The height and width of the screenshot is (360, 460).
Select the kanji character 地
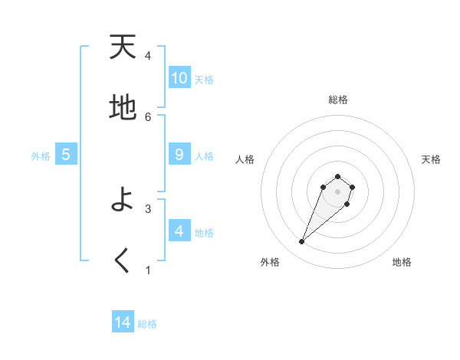(x=123, y=108)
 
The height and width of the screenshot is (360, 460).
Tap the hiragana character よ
(x=123, y=200)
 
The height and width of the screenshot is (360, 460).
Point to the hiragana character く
(x=123, y=260)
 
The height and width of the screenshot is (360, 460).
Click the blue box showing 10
(x=179, y=78)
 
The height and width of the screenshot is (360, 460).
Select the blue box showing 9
(x=179, y=155)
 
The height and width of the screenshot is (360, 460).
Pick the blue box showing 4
(x=179, y=231)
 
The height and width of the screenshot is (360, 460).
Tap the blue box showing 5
(x=66, y=155)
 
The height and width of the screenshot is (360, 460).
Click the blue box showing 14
(x=123, y=322)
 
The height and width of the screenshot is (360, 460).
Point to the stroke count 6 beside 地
(x=148, y=116)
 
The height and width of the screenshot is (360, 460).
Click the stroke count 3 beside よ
(x=148, y=208)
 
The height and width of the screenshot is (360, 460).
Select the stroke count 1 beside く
(x=148, y=269)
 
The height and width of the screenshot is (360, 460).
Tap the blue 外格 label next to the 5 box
(x=41, y=155)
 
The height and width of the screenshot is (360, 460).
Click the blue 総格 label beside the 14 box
(x=147, y=323)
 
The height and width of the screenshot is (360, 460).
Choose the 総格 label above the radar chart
(x=337, y=100)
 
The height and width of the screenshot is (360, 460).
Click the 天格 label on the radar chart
(x=431, y=159)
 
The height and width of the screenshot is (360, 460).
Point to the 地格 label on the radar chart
(x=402, y=262)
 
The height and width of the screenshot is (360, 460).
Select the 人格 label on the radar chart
(x=245, y=159)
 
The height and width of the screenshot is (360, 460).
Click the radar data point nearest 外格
(x=302, y=242)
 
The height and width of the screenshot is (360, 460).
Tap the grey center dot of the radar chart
(x=337, y=191)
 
